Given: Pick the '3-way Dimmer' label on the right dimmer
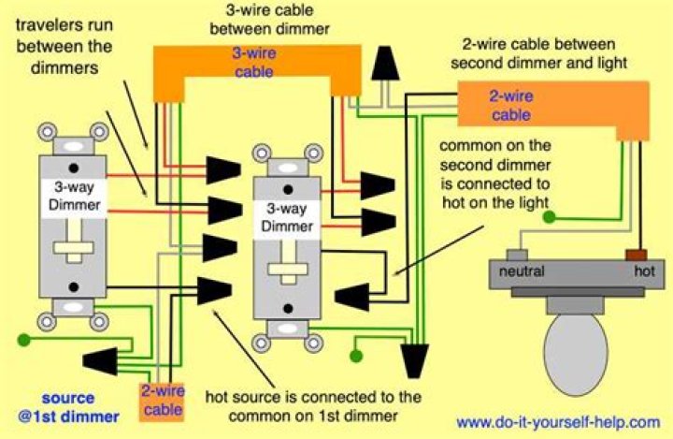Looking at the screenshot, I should [287, 218].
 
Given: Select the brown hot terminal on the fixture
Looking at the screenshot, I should [637, 253].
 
